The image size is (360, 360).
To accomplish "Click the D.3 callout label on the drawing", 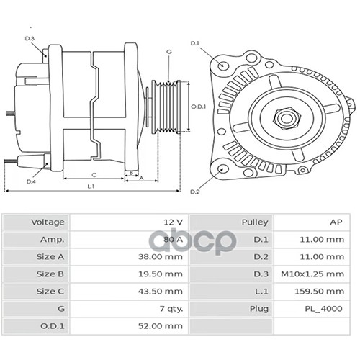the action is [30, 38].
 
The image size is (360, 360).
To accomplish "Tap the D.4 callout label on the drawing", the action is [31, 181].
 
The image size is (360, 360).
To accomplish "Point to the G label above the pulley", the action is [169, 52].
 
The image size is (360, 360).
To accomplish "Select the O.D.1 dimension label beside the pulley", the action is [199, 107].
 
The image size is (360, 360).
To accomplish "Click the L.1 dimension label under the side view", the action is [91, 186].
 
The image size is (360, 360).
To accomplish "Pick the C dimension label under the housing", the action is [94, 175].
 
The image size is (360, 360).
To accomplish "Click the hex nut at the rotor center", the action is [286, 118].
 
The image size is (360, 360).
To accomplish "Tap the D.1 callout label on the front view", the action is [195, 43].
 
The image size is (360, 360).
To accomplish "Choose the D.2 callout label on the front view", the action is [195, 192].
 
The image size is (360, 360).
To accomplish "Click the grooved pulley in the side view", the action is [166, 107].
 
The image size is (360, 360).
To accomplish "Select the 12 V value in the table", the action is [174, 222].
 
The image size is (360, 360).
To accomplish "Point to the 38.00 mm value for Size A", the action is [161, 256].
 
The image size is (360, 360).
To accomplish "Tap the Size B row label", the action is [50, 274].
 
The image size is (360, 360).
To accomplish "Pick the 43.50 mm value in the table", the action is [161, 291].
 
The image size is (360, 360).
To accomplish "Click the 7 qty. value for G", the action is [171, 309].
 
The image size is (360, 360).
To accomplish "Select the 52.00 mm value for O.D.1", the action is [161, 326].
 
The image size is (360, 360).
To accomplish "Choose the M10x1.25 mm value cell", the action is [312, 274].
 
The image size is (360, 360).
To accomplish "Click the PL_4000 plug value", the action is [323, 309].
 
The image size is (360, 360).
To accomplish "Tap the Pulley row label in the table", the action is [255, 222].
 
